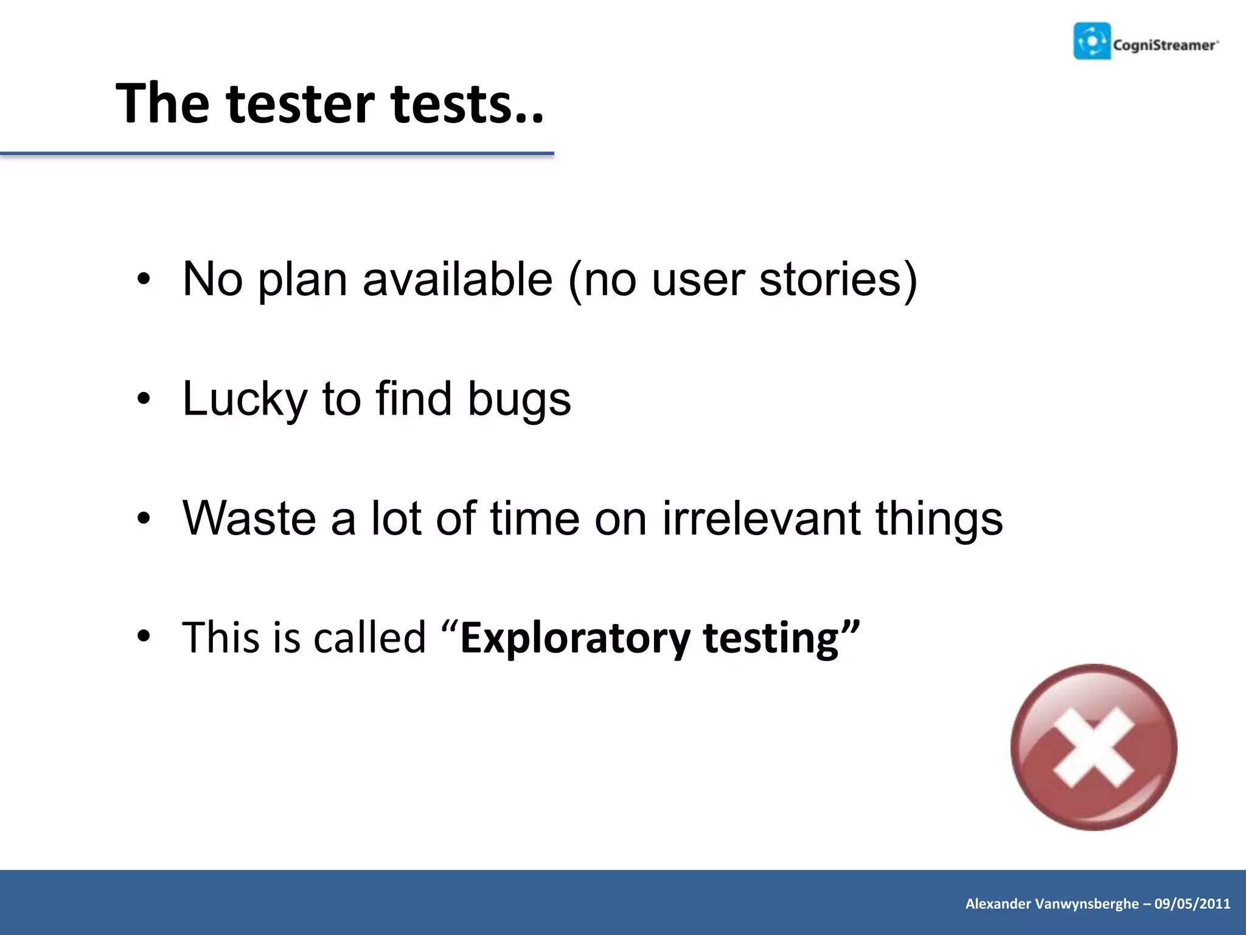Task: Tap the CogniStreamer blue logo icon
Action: click(1092, 41)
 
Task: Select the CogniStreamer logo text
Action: click(1165, 45)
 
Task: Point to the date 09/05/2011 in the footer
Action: click(1192, 903)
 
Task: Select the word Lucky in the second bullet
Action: click(245, 399)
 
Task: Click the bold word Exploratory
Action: click(575, 638)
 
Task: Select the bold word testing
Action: click(771, 638)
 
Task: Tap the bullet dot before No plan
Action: click(143, 280)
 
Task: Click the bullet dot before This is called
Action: click(143, 637)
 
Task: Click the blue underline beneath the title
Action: click(277, 154)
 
